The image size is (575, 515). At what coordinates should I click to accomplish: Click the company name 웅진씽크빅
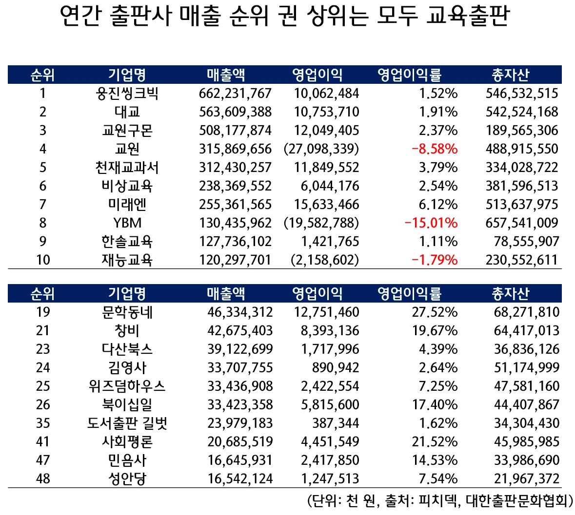coord(127,93)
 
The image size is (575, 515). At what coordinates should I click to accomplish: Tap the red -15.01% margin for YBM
coord(431,223)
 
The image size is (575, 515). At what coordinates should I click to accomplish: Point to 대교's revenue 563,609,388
coord(235,112)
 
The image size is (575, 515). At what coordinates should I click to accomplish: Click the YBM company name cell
coord(127,223)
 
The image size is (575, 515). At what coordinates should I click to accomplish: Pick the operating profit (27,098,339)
coord(321,149)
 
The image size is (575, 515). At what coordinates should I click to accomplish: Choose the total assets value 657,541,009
coord(521,223)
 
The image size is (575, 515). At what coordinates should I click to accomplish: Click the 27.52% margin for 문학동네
coord(435,312)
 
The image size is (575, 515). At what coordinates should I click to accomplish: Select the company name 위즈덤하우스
coord(127,386)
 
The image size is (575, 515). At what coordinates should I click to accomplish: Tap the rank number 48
coord(43,478)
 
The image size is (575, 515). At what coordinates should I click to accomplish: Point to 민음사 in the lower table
coord(127,460)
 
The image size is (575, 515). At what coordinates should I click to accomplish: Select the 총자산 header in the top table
coord(510,75)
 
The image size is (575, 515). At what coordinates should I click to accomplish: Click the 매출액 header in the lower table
coord(226,293)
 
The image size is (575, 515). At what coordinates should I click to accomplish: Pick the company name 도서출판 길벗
coord(127,423)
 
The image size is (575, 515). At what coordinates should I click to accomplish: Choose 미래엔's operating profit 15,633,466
coord(326,204)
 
